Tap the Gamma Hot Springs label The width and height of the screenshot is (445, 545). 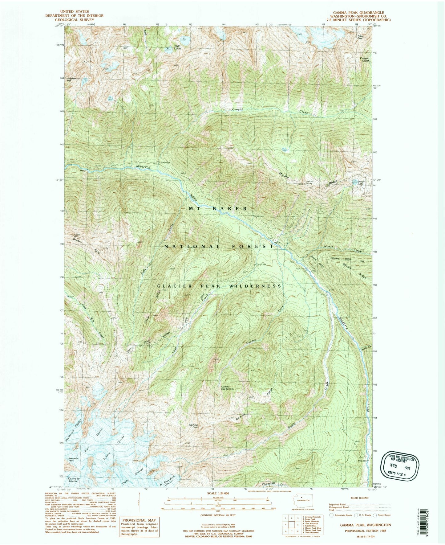tap(228, 388)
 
